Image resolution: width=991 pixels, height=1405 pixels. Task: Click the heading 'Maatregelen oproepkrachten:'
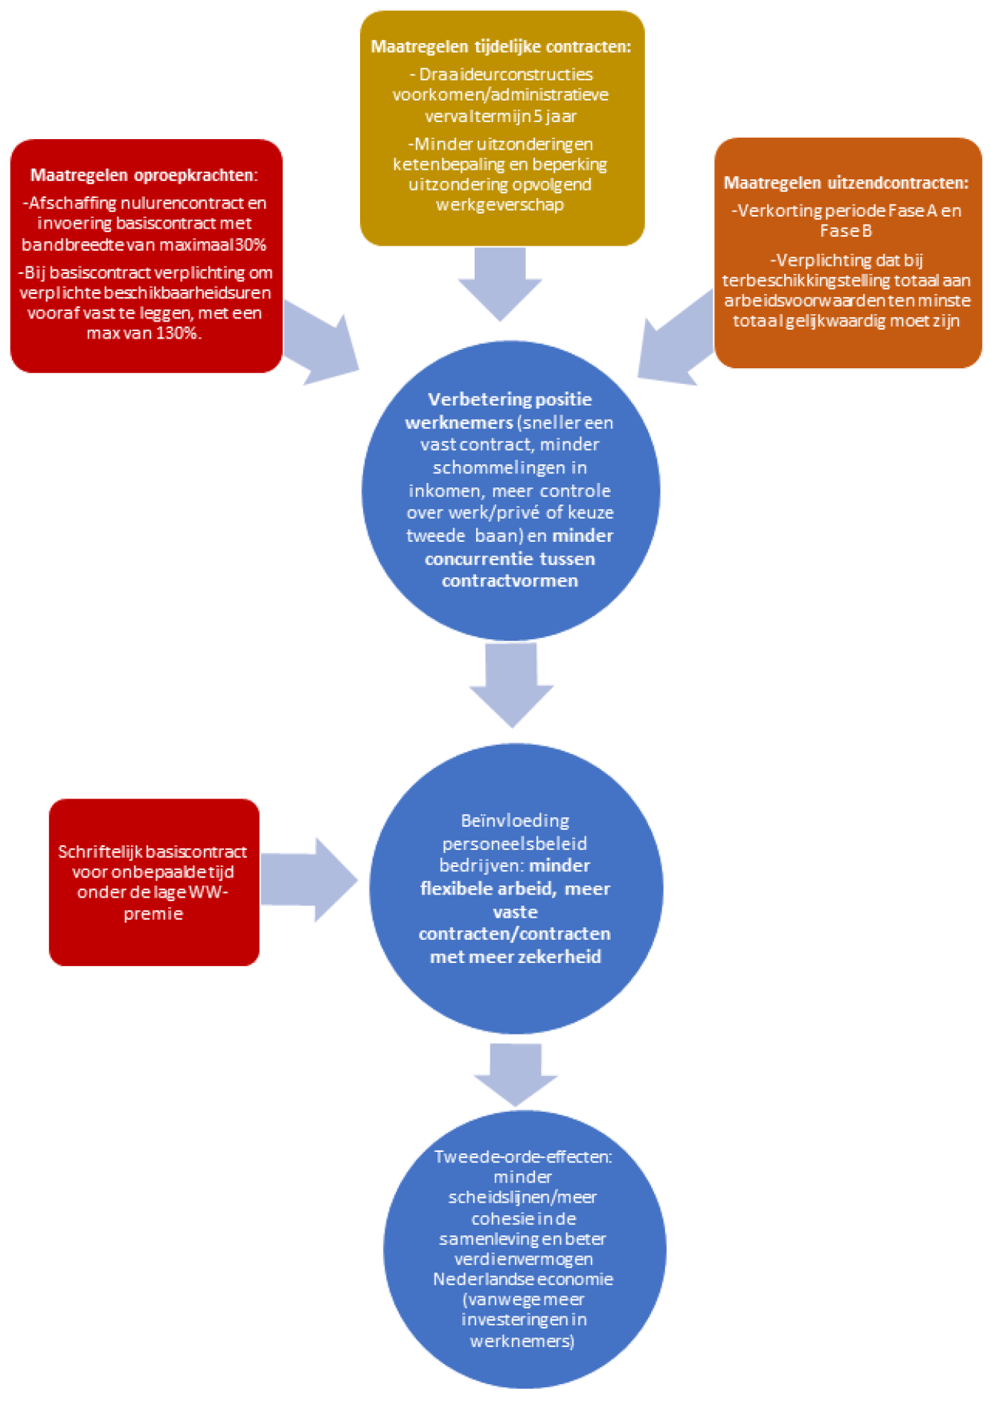pyautogui.click(x=144, y=176)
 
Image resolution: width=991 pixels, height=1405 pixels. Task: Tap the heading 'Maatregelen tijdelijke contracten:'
pyautogui.click(x=501, y=47)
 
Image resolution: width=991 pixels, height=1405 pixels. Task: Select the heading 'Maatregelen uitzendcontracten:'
pyautogui.click(x=846, y=183)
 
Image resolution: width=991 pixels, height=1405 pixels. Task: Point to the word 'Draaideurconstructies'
pyautogui.click(x=506, y=74)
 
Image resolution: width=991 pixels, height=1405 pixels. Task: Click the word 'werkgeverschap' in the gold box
pyautogui.click(x=500, y=205)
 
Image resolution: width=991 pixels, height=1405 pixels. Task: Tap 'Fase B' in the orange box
pyautogui.click(x=846, y=231)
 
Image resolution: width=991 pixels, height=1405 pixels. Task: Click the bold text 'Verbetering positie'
pyautogui.click(x=510, y=400)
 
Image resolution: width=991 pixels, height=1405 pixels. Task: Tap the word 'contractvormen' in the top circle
pyautogui.click(x=510, y=581)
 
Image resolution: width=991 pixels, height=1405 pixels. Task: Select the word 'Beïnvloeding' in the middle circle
pyautogui.click(x=515, y=821)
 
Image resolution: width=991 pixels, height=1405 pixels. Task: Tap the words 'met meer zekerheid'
pyautogui.click(x=516, y=957)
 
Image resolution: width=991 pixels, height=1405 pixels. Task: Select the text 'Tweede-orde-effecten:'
pyautogui.click(x=523, y=1157)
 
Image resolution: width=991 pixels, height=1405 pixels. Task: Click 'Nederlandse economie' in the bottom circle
pyautogui.click(x=523, y=1279)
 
